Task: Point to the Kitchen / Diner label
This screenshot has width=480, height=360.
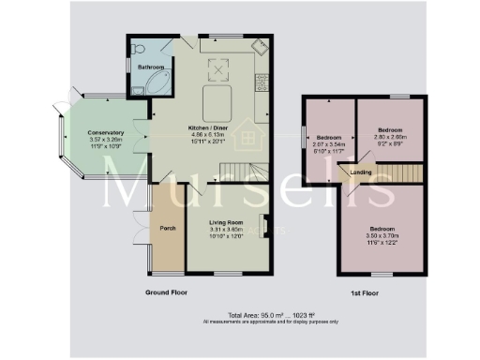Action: pos(211,127)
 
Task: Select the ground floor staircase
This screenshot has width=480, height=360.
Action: pos(247,171)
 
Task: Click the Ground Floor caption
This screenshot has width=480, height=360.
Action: pos(169,293)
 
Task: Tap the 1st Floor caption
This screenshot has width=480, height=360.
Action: pos(364,293)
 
